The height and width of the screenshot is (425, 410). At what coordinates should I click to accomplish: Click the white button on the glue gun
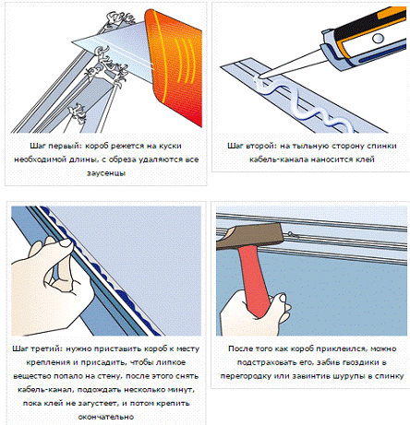378,39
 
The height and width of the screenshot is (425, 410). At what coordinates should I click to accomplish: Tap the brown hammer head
248,236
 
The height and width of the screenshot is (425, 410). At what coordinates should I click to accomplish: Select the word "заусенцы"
106,173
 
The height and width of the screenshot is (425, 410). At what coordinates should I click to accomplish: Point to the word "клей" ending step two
366,159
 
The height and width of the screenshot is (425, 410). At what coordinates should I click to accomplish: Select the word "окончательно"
106,417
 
